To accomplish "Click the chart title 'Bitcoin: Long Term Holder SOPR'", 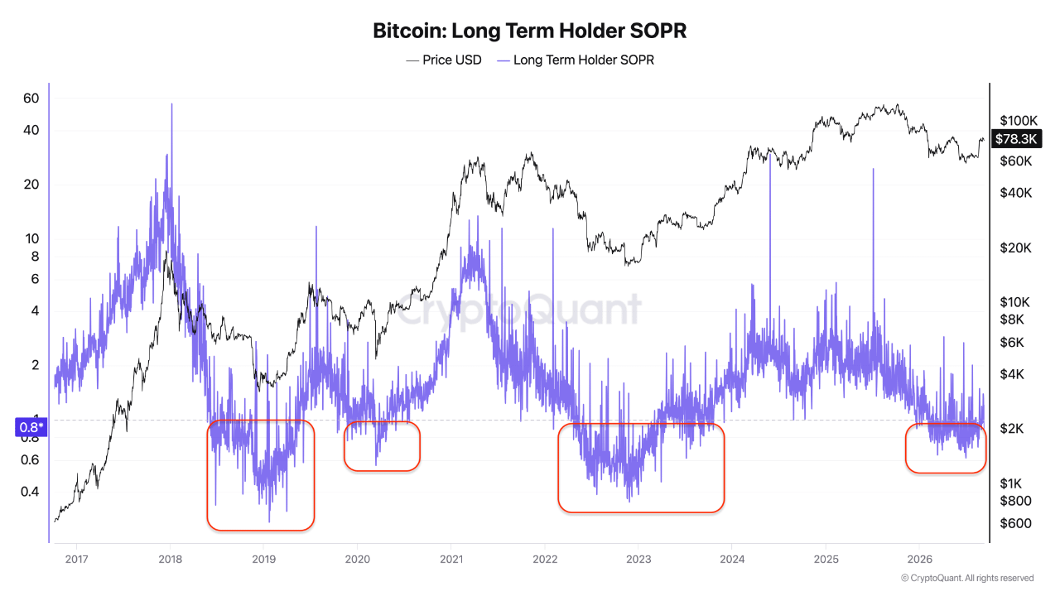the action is [529, 31].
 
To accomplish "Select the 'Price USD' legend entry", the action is [443, 60].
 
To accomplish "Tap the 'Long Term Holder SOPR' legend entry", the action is [576, 60].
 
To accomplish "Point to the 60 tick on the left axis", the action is [31, 99].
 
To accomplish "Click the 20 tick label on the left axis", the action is [31, 185].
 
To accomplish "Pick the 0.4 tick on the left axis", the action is [30, 492].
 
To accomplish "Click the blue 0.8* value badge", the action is [31, 428].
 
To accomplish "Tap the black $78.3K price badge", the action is [1016, 139].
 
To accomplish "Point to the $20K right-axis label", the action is [1015, 248].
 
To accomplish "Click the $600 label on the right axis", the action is [1015, 523].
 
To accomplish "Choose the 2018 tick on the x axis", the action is [171, 560].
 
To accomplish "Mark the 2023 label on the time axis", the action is [638, 560].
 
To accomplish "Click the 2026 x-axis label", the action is [919, 560].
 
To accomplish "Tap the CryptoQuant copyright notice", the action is [967, 578].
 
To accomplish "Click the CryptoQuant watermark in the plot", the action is [518, 310].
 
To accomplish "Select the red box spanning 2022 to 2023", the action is [558, 469].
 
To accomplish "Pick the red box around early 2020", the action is [344, 446].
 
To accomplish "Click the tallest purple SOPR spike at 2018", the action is [171, 105].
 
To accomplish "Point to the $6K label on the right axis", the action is [1012, 343].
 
